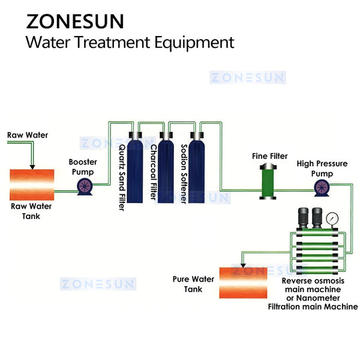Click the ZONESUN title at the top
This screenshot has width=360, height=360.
click(75, 20)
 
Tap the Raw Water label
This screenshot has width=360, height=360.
click(28, 135)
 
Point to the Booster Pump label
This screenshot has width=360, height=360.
click(83, 167)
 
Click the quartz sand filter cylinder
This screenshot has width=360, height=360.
click(135, 171)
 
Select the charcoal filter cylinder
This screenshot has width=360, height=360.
click(166, 171)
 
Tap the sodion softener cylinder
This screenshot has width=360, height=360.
click(196, 171)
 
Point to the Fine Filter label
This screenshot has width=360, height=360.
click(269, 156)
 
